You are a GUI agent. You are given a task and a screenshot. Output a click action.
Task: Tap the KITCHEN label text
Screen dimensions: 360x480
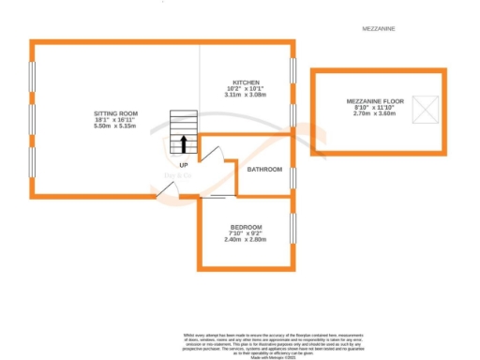pyautogui.click(x=246, y=82)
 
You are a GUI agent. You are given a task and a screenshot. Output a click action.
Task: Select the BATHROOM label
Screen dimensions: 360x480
pyautogui.click(x=264, y=170)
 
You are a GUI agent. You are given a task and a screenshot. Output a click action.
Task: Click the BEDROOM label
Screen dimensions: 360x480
pyautogui.click(x=246, y=227)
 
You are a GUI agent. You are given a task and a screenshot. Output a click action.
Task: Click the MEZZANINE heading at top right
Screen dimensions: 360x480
pyautogui.click(x=379, y=29)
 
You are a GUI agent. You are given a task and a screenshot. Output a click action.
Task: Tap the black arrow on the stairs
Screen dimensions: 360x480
pyautogui.click(x=183, y=143)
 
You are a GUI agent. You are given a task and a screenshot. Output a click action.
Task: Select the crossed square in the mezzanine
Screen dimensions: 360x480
pyautogui.click(x=427, y=112)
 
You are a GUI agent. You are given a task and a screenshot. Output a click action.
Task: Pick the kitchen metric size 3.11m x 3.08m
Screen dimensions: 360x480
pyautogui.click(x=246, y=95)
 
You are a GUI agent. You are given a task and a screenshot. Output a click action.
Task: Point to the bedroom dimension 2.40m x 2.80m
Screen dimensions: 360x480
pyautogui.click(x=246, y=240)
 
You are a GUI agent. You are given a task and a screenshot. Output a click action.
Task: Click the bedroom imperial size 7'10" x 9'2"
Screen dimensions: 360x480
pyautogui.click(x=246, y=233)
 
